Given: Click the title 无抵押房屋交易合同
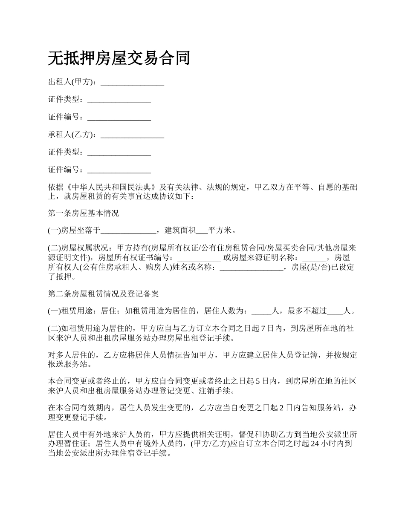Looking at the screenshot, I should coord(119,58).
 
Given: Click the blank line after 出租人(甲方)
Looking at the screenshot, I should coord(132,82).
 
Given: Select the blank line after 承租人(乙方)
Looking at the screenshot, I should coord(132,135).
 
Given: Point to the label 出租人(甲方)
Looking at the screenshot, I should coord(72,82).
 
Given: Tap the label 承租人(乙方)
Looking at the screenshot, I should coord(72,135).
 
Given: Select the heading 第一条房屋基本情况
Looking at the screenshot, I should coord(83,213).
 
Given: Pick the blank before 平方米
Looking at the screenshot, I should coord(202,231).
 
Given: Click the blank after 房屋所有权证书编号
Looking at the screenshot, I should coord(199,258).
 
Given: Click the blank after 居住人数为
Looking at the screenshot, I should coord(261,311).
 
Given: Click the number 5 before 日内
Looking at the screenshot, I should coord(257,382).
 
